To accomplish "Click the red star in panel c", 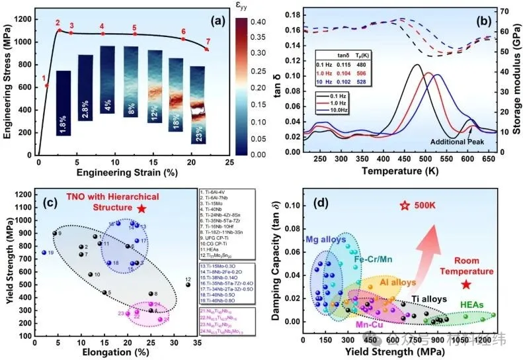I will pyautogui.click(x=141, y=208).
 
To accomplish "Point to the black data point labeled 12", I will pyautogui.click(x=188, y=285).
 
